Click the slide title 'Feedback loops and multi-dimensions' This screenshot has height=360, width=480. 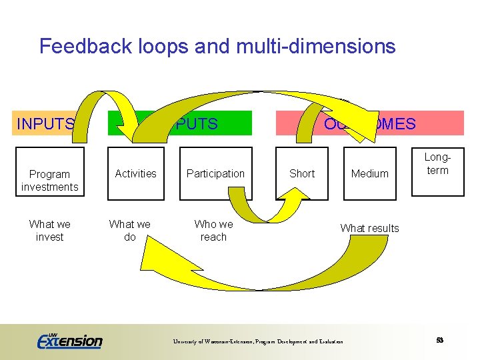(x=217, y=46)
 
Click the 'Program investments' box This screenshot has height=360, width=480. (x=49, y=180)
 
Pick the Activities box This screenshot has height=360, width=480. (x=135, y=174)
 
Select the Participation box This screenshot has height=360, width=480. (x=215, y=174)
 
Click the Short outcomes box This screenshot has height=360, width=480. (x=302, y=174)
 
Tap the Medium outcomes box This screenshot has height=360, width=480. (x=369, y=174)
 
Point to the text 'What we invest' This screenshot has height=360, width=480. (x=49, y=231)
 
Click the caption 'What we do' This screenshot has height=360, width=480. (x=129, y=231)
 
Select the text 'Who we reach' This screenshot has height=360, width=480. (x=213, y=231)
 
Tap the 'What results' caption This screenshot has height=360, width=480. (x=369, y=228)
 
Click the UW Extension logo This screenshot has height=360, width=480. (x=69, y=341)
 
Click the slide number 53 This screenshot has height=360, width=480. (x=440, y=340)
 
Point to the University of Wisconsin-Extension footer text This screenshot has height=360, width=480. (x=258, y=342)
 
